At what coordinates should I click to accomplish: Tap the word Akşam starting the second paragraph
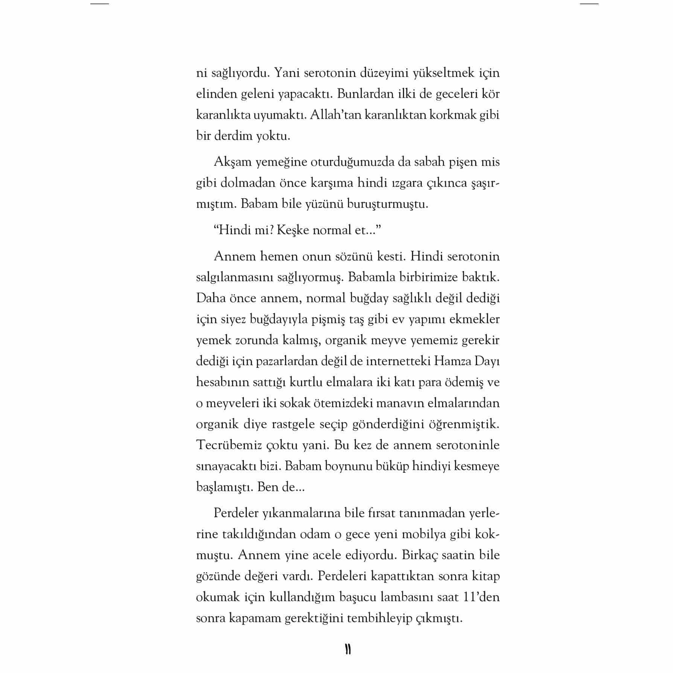tap(231, 162)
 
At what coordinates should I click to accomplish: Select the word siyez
tap(236, 319)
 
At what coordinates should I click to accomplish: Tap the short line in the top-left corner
tap(100, 4)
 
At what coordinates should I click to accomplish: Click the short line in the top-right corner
tap(589, 4)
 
